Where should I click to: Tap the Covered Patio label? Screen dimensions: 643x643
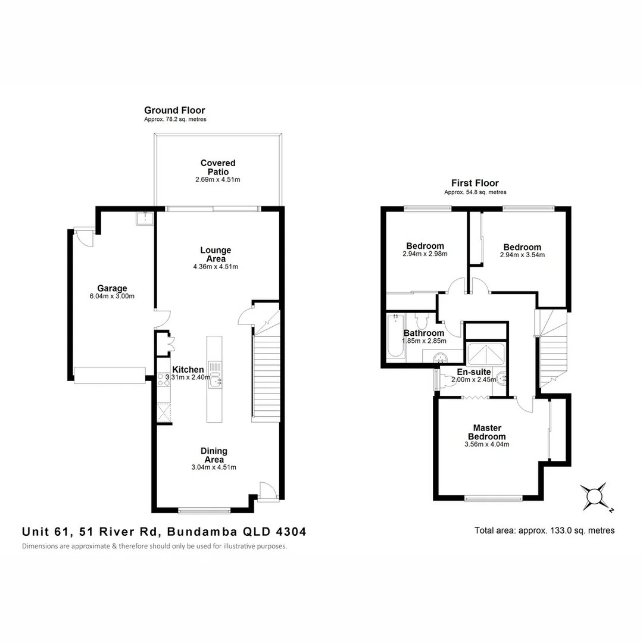click(218, 167)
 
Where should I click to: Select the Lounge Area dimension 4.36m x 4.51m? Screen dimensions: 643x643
click(216, 267)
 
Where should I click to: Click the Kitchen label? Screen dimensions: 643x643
click(188, 370)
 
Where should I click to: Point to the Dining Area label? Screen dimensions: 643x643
click(214, 455)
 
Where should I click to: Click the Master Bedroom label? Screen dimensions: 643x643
click(487, 432)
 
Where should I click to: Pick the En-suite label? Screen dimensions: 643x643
click(475, 372)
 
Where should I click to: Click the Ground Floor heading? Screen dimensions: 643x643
click(174, 110)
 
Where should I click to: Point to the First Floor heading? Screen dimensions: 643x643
click(475, 183)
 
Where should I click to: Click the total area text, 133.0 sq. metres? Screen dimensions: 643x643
click(544, 530)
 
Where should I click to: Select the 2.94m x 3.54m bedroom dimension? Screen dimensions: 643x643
click(522, 255)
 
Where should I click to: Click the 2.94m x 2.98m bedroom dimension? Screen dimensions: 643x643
click(425, 254)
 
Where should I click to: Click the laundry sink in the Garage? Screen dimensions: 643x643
click(143, 218)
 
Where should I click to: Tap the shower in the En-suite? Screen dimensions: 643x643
click(487, 355)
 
